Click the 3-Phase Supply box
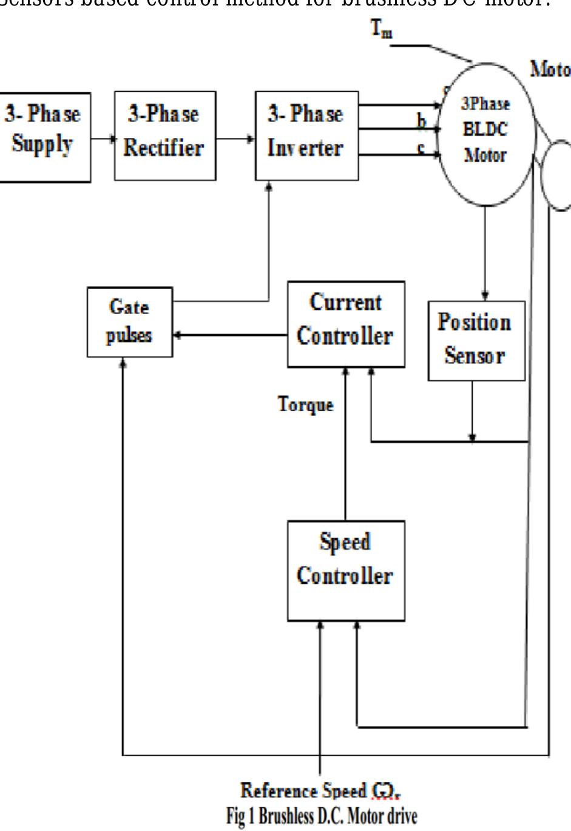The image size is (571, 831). [x=44, y=136]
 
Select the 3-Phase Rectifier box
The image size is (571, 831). [x=164, y=135]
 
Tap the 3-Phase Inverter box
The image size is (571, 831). [x=306, y=135]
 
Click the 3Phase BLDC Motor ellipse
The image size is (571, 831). [x=485, y=134]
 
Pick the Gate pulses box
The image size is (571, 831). [x=129, y=321]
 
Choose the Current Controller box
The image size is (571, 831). [x=345, y=323]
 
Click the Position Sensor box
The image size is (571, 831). [x=476, y=340]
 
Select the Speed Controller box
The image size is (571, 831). [x=345, y=570]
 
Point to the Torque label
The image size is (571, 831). [x=305, y=405]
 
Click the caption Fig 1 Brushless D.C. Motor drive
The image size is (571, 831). [x=322, y=815]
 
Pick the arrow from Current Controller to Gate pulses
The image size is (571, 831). [x=230, y=335]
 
